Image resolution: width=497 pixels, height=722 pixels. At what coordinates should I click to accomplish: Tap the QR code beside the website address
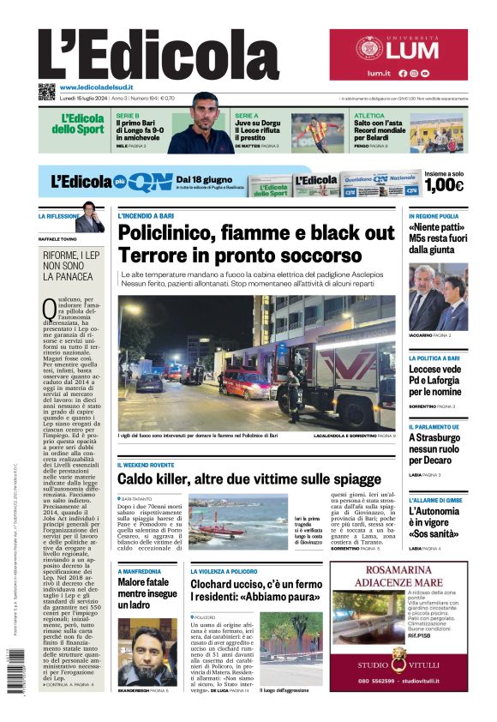tap(46, 92)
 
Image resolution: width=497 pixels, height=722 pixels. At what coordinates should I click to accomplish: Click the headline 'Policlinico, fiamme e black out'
tap(256, 232)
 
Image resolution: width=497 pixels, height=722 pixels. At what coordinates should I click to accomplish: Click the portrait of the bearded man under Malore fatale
tap(147, 652)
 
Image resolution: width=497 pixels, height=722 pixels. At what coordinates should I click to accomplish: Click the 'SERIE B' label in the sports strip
tap(128, 115)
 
